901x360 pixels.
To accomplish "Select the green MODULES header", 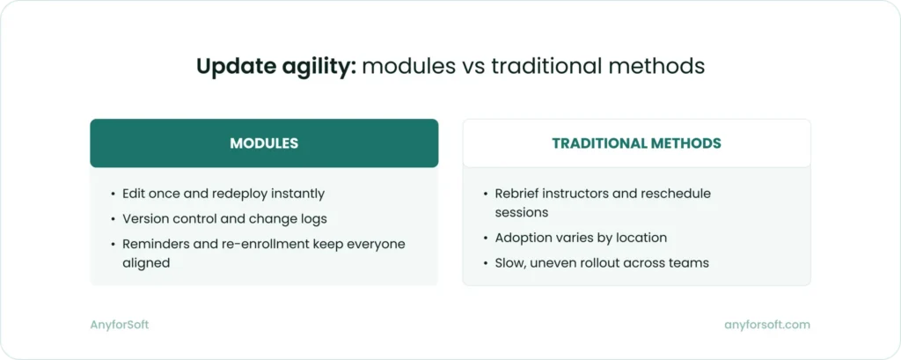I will tap(264, 143).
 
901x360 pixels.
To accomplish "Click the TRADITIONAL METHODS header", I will tap(636, 143).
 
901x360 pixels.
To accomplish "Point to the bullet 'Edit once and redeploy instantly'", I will tap(223, 193).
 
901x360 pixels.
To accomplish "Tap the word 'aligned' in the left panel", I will tap(145, 261).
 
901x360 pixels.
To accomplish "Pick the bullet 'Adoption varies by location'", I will tap(581, 237).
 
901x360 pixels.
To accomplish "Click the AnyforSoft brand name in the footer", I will tap(120, 325).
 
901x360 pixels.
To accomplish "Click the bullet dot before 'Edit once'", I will tap(113, 193).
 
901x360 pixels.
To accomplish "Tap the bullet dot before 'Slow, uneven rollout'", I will tap(485, 262).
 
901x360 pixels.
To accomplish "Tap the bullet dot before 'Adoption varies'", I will tap(485, 237).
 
